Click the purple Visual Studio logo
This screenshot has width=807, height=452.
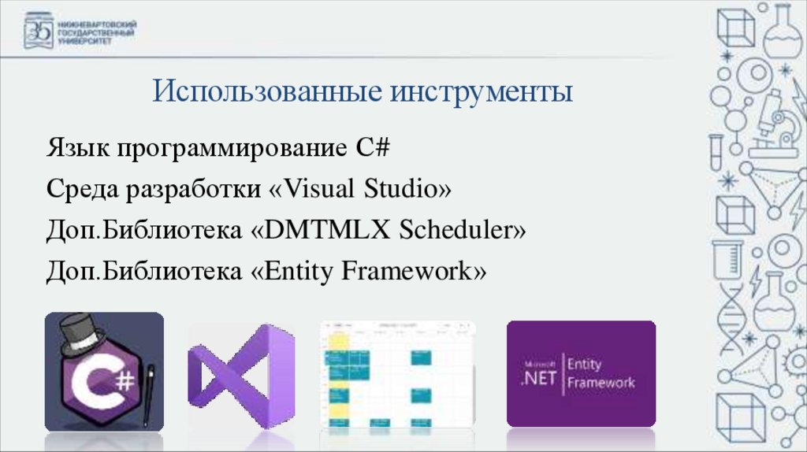tap(240, 376)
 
